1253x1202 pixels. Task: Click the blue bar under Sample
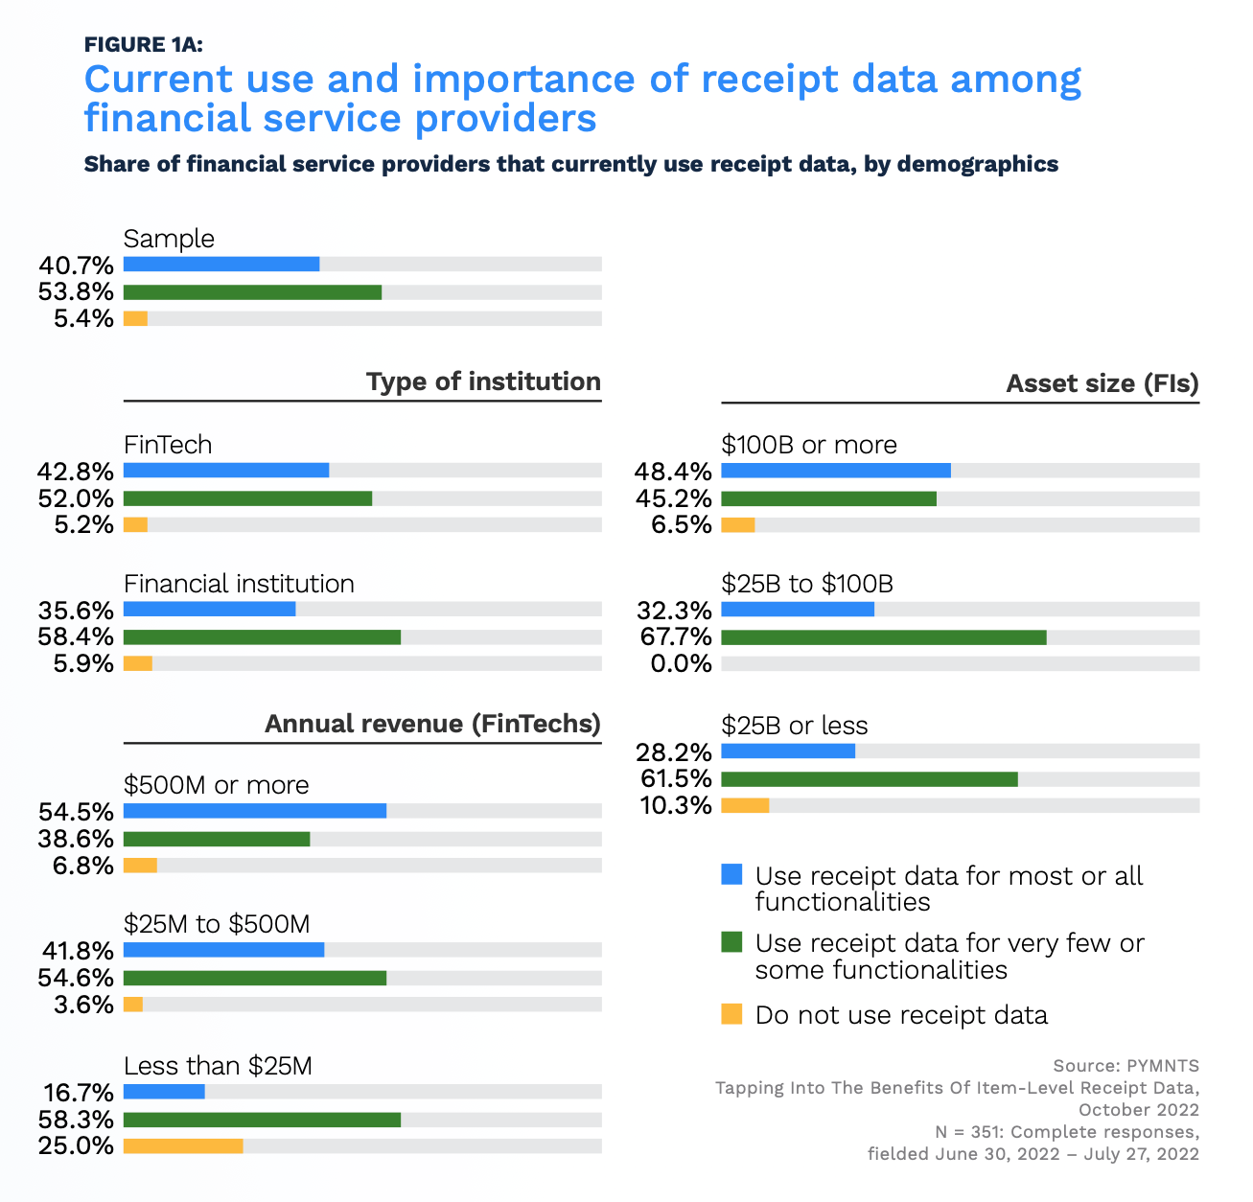pyautogui.click(x=221, y=265)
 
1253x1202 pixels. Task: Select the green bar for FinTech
pyautogui.click(x=247, y=498)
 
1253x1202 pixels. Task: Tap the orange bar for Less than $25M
pyautogui.click(x=183, y=1145)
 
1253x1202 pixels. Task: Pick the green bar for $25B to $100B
pyautogui.click(x=883, y=637)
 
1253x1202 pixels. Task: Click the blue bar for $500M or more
pyautogui.click(x=255, y=811)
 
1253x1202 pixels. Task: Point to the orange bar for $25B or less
pyautogui.click(x=745, y=805)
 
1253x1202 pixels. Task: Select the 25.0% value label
pyautogui.click(x=77, y=1145)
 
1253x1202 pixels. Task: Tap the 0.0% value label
pyautogui.click(x=681, y=663)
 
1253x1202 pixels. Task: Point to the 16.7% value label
pyautogui.click(x=79, y=1093)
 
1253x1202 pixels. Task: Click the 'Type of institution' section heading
pyautogui.click(x=483, y=381)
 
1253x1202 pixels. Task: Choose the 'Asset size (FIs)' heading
pyautogui.click(x=1102, y=384)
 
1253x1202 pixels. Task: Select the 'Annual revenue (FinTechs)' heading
pyautogui.click(x=432, y=724)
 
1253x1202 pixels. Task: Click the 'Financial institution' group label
pyautogui.click(x=239, y=584)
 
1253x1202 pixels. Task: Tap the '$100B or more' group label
pyautogui.click(x=809, y=445)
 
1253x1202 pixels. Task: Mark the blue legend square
pyautogui.click(x=731, y=874)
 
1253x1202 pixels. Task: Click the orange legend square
pyautogui.click(x=731, y=1013)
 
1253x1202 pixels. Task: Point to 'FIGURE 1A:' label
pyautogui.click(x=143, y=44)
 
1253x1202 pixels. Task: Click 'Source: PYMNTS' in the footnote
pyautogui.click(x=1125, y=1066)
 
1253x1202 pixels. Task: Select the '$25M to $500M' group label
pyautogui.click(x=217, y=924)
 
